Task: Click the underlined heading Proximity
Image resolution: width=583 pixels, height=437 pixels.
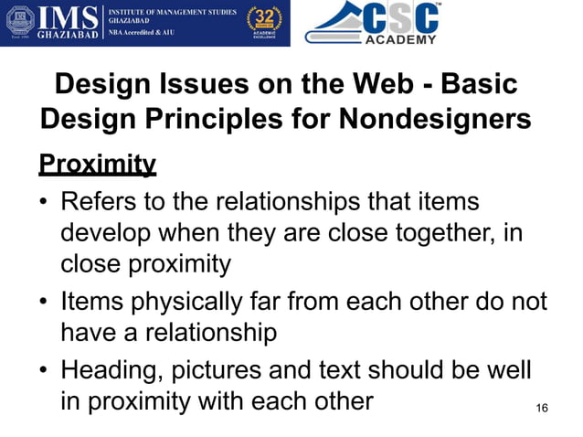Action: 97,165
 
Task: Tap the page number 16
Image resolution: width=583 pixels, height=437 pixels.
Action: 542,407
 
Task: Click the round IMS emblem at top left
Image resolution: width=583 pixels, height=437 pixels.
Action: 22,23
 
